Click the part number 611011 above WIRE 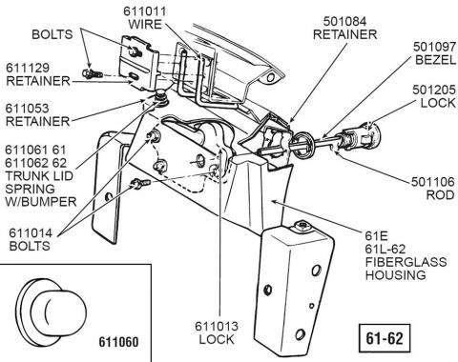[145, 11]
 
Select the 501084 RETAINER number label [344, 21]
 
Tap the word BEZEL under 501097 [436, 60]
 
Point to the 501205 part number [434, 90]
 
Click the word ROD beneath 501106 [440, 195]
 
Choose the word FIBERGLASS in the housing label [406, 262]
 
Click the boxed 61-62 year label [385, 338]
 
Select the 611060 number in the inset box [118, 342]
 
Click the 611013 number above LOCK [217, 326]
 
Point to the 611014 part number [31, 233]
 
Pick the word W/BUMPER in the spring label [41, 202]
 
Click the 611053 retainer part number [28, 109]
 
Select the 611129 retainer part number [28, 68]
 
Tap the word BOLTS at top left [52, 34]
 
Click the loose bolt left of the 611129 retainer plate [93, 73]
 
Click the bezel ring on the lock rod [302, 146]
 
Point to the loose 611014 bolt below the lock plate [140, 184]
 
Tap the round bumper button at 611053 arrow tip [161, 97]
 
